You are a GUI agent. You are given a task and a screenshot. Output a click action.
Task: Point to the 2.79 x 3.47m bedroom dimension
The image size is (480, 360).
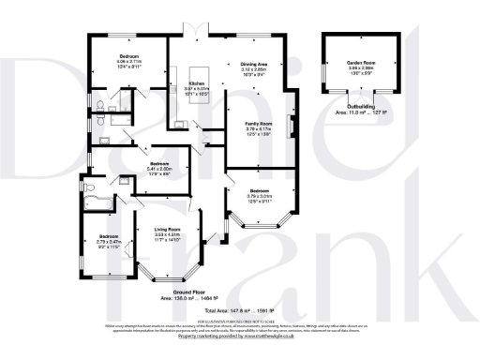[x=109, y=242]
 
